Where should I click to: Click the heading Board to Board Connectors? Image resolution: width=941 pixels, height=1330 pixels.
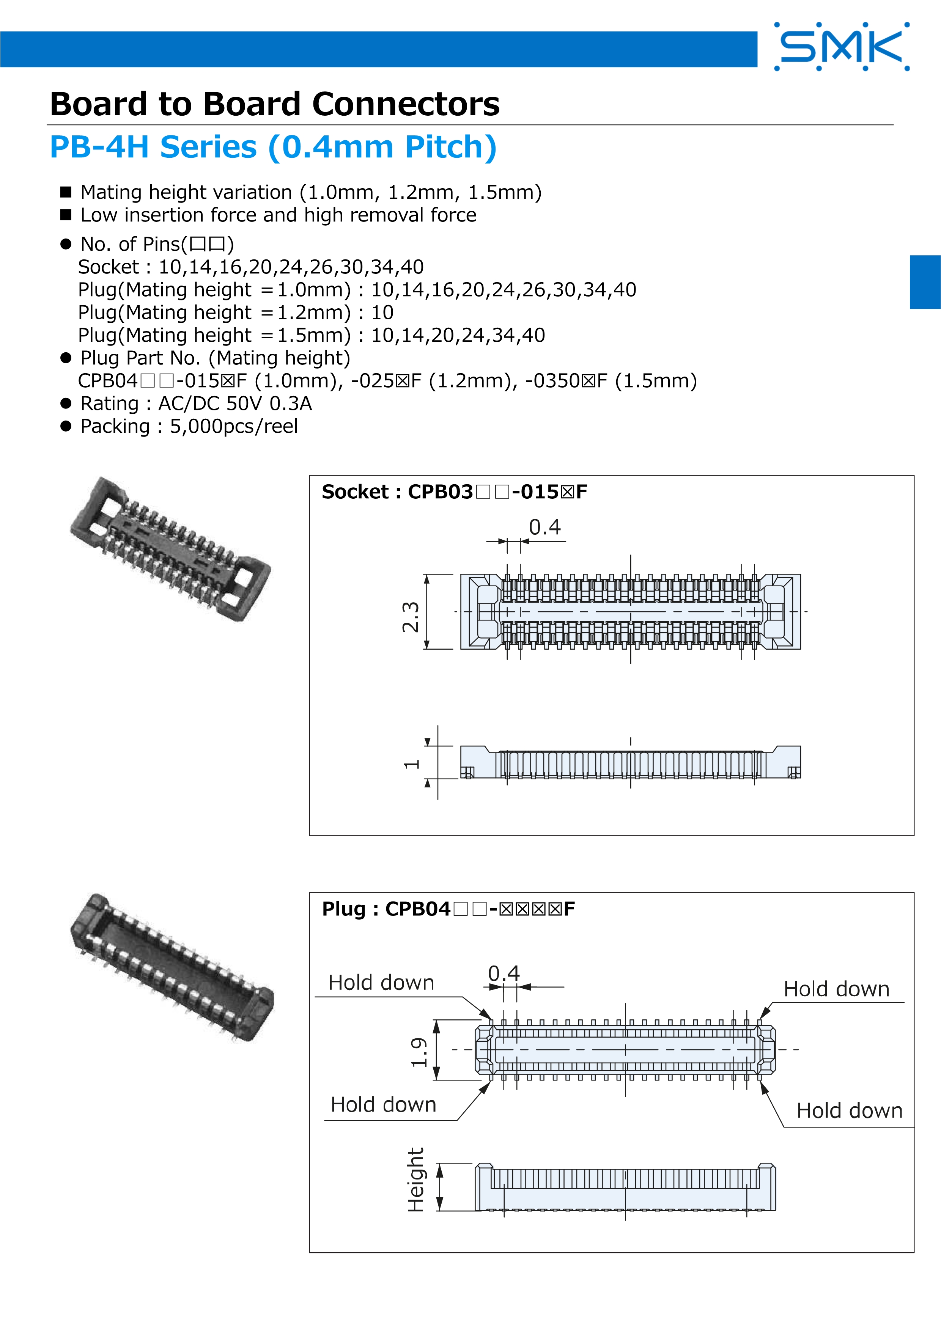pyautogui.click(x=275, y=104)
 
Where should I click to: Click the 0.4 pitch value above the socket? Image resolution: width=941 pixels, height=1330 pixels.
pyautogui.click(x=544, y=527)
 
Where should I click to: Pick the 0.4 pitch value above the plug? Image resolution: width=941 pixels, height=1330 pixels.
pyautogui.click(x=503, y=973)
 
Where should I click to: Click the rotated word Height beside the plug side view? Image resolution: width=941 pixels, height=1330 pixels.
pyautogui.click(x=416, y=1180)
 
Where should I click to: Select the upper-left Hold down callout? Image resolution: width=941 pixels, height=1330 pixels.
pyautogui.click(x=381, y=983)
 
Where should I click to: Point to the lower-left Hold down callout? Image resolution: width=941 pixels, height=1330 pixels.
pyautogui.click(x=383, y=1105)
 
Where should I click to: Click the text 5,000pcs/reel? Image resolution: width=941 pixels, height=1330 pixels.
pyautogui.click(x=233, y=426)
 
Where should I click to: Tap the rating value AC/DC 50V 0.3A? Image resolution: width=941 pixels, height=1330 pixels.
pyautogui.click(x=234, y=404)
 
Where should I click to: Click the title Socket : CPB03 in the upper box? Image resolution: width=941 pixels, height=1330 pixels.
pyautogui.click(x=454, y=492)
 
